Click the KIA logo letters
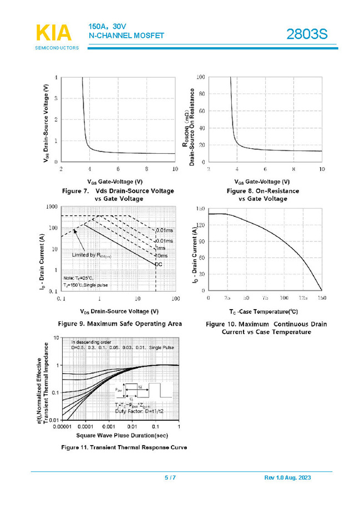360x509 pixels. (x=54, y=33)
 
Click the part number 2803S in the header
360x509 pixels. (x=307, y=35)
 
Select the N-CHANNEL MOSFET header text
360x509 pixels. (x=126, y=36)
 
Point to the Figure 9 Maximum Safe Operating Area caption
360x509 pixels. (x=120, y=324)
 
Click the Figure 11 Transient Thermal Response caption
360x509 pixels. (x=124, y=447)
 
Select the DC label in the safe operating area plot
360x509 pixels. (x=158, y=264)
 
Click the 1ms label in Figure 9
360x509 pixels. (x=161, y=248)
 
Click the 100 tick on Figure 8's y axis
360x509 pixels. (x=201, y=77)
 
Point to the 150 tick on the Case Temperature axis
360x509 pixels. (x=322, y=298)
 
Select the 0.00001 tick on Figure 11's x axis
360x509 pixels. (x=62, y=427)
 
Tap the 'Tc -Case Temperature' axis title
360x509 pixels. (x=264, y=311)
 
